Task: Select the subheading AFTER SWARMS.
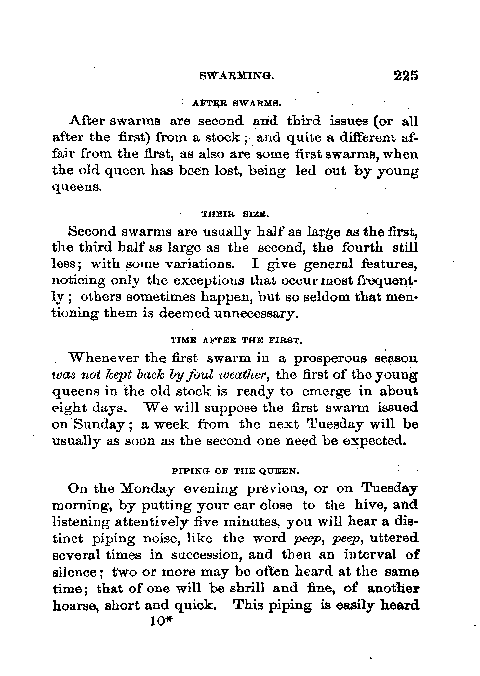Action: (x=236, y=104)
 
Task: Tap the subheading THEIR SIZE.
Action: (x=235, y=214)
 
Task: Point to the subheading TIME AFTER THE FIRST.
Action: (x=236, y=341)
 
